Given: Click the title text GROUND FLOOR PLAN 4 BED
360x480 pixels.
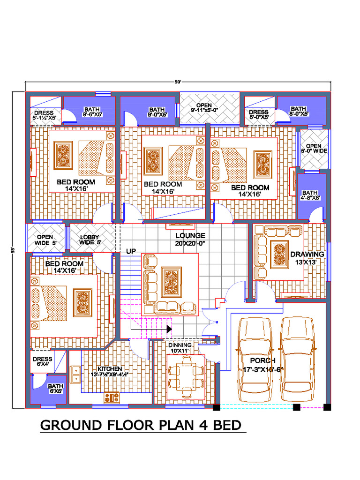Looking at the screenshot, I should pyautogui.click(x=141, y=425).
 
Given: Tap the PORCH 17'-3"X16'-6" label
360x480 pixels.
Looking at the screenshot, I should pyautogui.click(x=262, y=365).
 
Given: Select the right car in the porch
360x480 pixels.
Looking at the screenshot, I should pyautogui.click(x=297, y=359).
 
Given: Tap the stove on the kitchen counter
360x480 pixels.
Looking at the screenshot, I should pyautogui.click(x=112, y=397).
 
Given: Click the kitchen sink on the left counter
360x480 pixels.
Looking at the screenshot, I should pyautogui.click(x=75, y=374).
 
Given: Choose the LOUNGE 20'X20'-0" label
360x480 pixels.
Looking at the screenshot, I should pyautogui.click(x=190, y=239).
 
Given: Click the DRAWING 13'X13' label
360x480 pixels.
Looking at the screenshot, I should pyautogui.click(x=307, y=258).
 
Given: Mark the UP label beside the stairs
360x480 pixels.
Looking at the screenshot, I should pyautogui.click(x=131, y=252).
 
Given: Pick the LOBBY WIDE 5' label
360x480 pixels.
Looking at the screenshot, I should pyautogui.click(x=90, y=240).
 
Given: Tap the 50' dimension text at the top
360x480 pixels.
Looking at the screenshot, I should pyautogui.click(x=178, y=82).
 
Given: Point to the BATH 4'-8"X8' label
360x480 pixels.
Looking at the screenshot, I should pyautogui.click(x=309, y=195).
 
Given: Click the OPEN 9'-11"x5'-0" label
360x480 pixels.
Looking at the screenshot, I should pyautogui.click(x=204, y=108).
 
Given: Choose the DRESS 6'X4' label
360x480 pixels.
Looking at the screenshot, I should pyautogui.click(x=43, y=362).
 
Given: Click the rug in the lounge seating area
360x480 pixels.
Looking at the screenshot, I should pyautogui.click(x=169, y=282).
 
